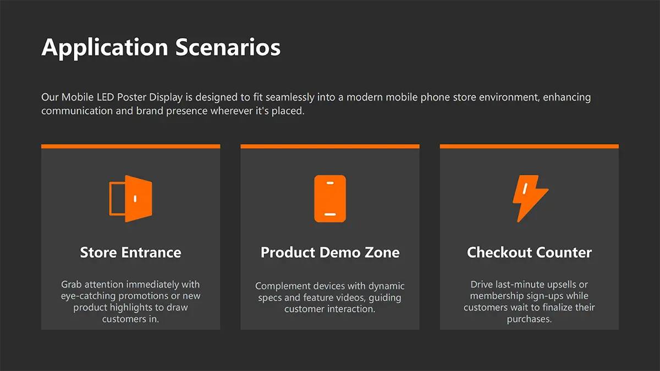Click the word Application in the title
coord(105,48)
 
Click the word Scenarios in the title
coord(228,47)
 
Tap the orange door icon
coord(131,199)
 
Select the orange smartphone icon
coord(330,199)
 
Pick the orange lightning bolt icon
coord(530,198)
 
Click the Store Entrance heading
coord(130,252)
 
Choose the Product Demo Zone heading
coord(330,252)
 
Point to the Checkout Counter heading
coord(529,252)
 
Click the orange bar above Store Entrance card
coord(130,146)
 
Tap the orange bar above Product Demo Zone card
coord(330,146)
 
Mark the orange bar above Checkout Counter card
coord(529,146)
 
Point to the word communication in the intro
coord(77,111)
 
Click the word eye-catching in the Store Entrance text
coord(88,296)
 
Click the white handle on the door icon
coord(135,199)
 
